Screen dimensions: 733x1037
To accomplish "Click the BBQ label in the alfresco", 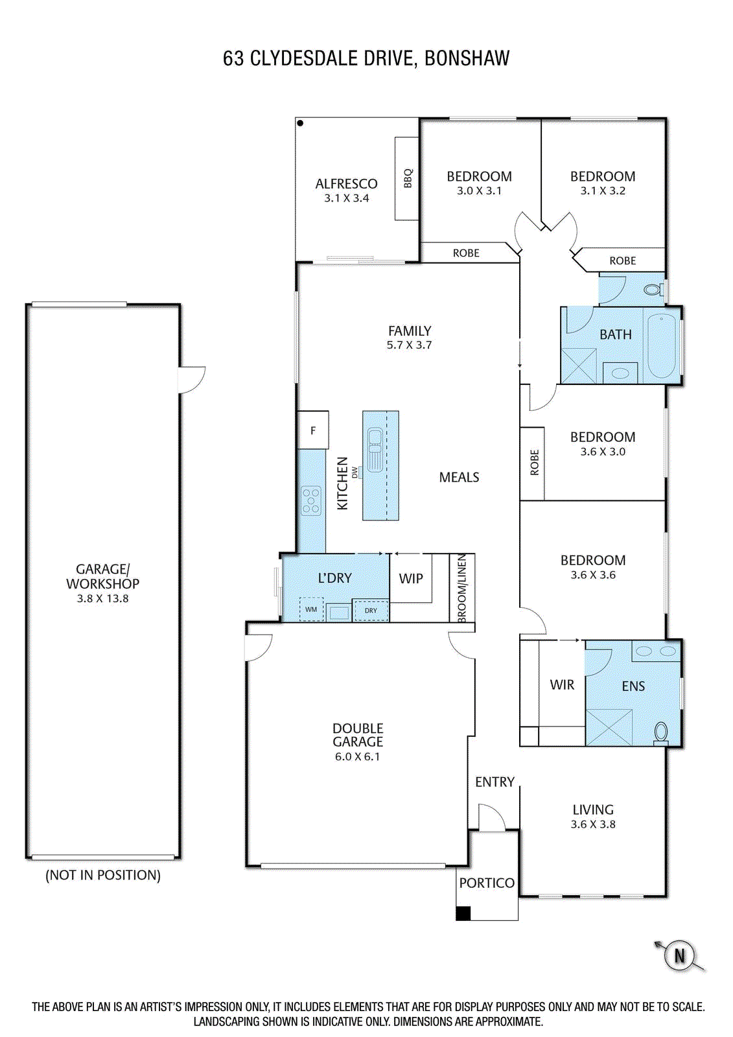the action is click(x=408, y=178).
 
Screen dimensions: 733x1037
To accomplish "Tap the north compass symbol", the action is click(x=679, y=955).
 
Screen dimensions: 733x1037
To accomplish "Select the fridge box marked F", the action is click(x=313, y=430).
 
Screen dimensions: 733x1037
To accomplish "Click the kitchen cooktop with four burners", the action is click(x=311, y=501).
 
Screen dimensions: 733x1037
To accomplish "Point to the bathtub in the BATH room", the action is click(x=661, y=345).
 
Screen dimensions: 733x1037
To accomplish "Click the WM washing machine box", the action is click(x=311, y=610).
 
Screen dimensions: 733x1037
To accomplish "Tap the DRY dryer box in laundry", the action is click(x=371, y=610).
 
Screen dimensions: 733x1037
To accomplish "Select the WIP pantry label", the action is click(x=411, y=578).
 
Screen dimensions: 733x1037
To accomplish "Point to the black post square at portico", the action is click(x=463, y=913).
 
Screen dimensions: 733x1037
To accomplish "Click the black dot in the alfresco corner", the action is click(x=300, y=123).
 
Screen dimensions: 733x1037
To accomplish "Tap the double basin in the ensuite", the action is click(x=656, y=651).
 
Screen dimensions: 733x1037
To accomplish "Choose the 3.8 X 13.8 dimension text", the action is click(x=102, y=598).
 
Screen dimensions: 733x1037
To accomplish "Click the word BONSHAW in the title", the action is click(x=467, y=58).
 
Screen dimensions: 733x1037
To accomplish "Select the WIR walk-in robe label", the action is click(x=562, y=684).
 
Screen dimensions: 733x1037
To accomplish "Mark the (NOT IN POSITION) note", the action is click(x=103, y=875).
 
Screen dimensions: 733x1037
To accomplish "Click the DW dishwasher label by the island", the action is click(x=355, y=472).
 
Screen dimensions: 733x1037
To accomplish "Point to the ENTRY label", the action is click(x=495, y=782).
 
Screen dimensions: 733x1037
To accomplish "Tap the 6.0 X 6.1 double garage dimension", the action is click(x=358, y=756).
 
